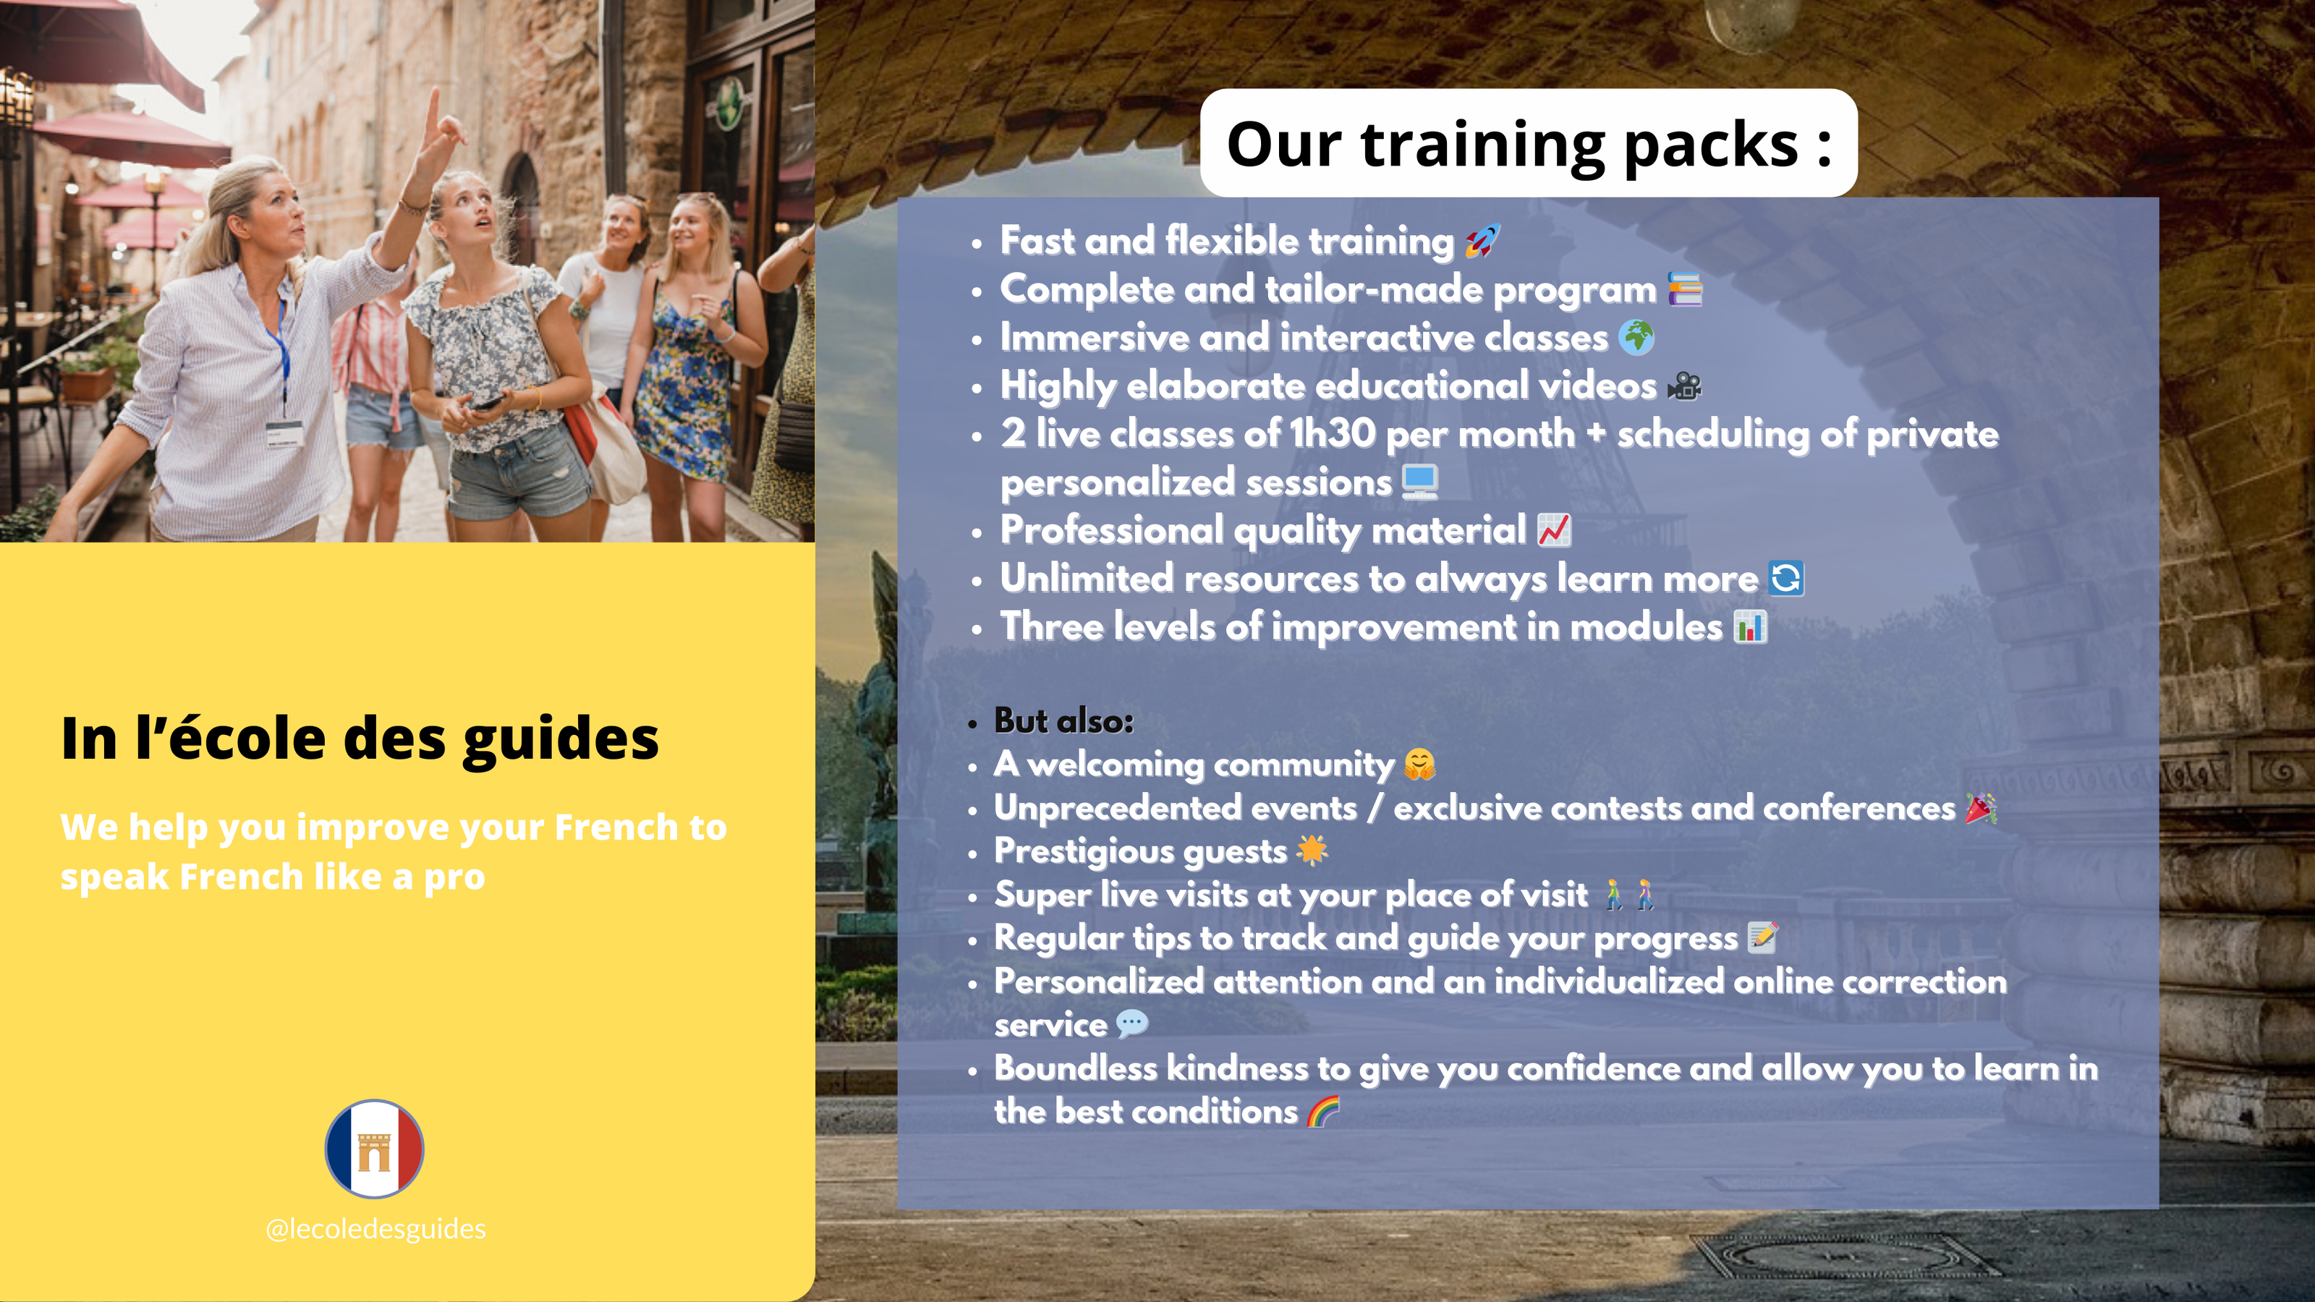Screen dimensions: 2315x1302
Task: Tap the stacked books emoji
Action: [x=1685, y=289]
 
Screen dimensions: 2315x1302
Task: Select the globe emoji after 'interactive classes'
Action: [x=1636, y=338]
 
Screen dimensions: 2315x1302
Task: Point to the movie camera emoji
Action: [x=1684, y=386]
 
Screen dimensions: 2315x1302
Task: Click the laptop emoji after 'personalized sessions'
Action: [x=1420, y=482]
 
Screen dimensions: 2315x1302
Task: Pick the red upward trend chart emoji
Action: [x=1554, y=530]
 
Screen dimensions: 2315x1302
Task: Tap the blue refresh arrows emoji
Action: [x=1785, y=578]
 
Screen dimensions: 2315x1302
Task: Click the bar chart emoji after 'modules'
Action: [x=1750, y=626]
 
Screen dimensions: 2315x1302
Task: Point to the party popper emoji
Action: [x=1981, y=808]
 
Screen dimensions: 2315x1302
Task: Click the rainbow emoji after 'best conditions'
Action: [x=1323, y=1112]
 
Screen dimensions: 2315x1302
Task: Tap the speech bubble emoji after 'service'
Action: [x=1132, y=1024]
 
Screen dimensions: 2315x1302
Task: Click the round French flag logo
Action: [x=374, y=1149]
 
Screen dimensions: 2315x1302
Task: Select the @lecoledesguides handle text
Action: [x=375, y=1228]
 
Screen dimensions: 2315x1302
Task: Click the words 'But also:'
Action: [x=1064, y=720]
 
